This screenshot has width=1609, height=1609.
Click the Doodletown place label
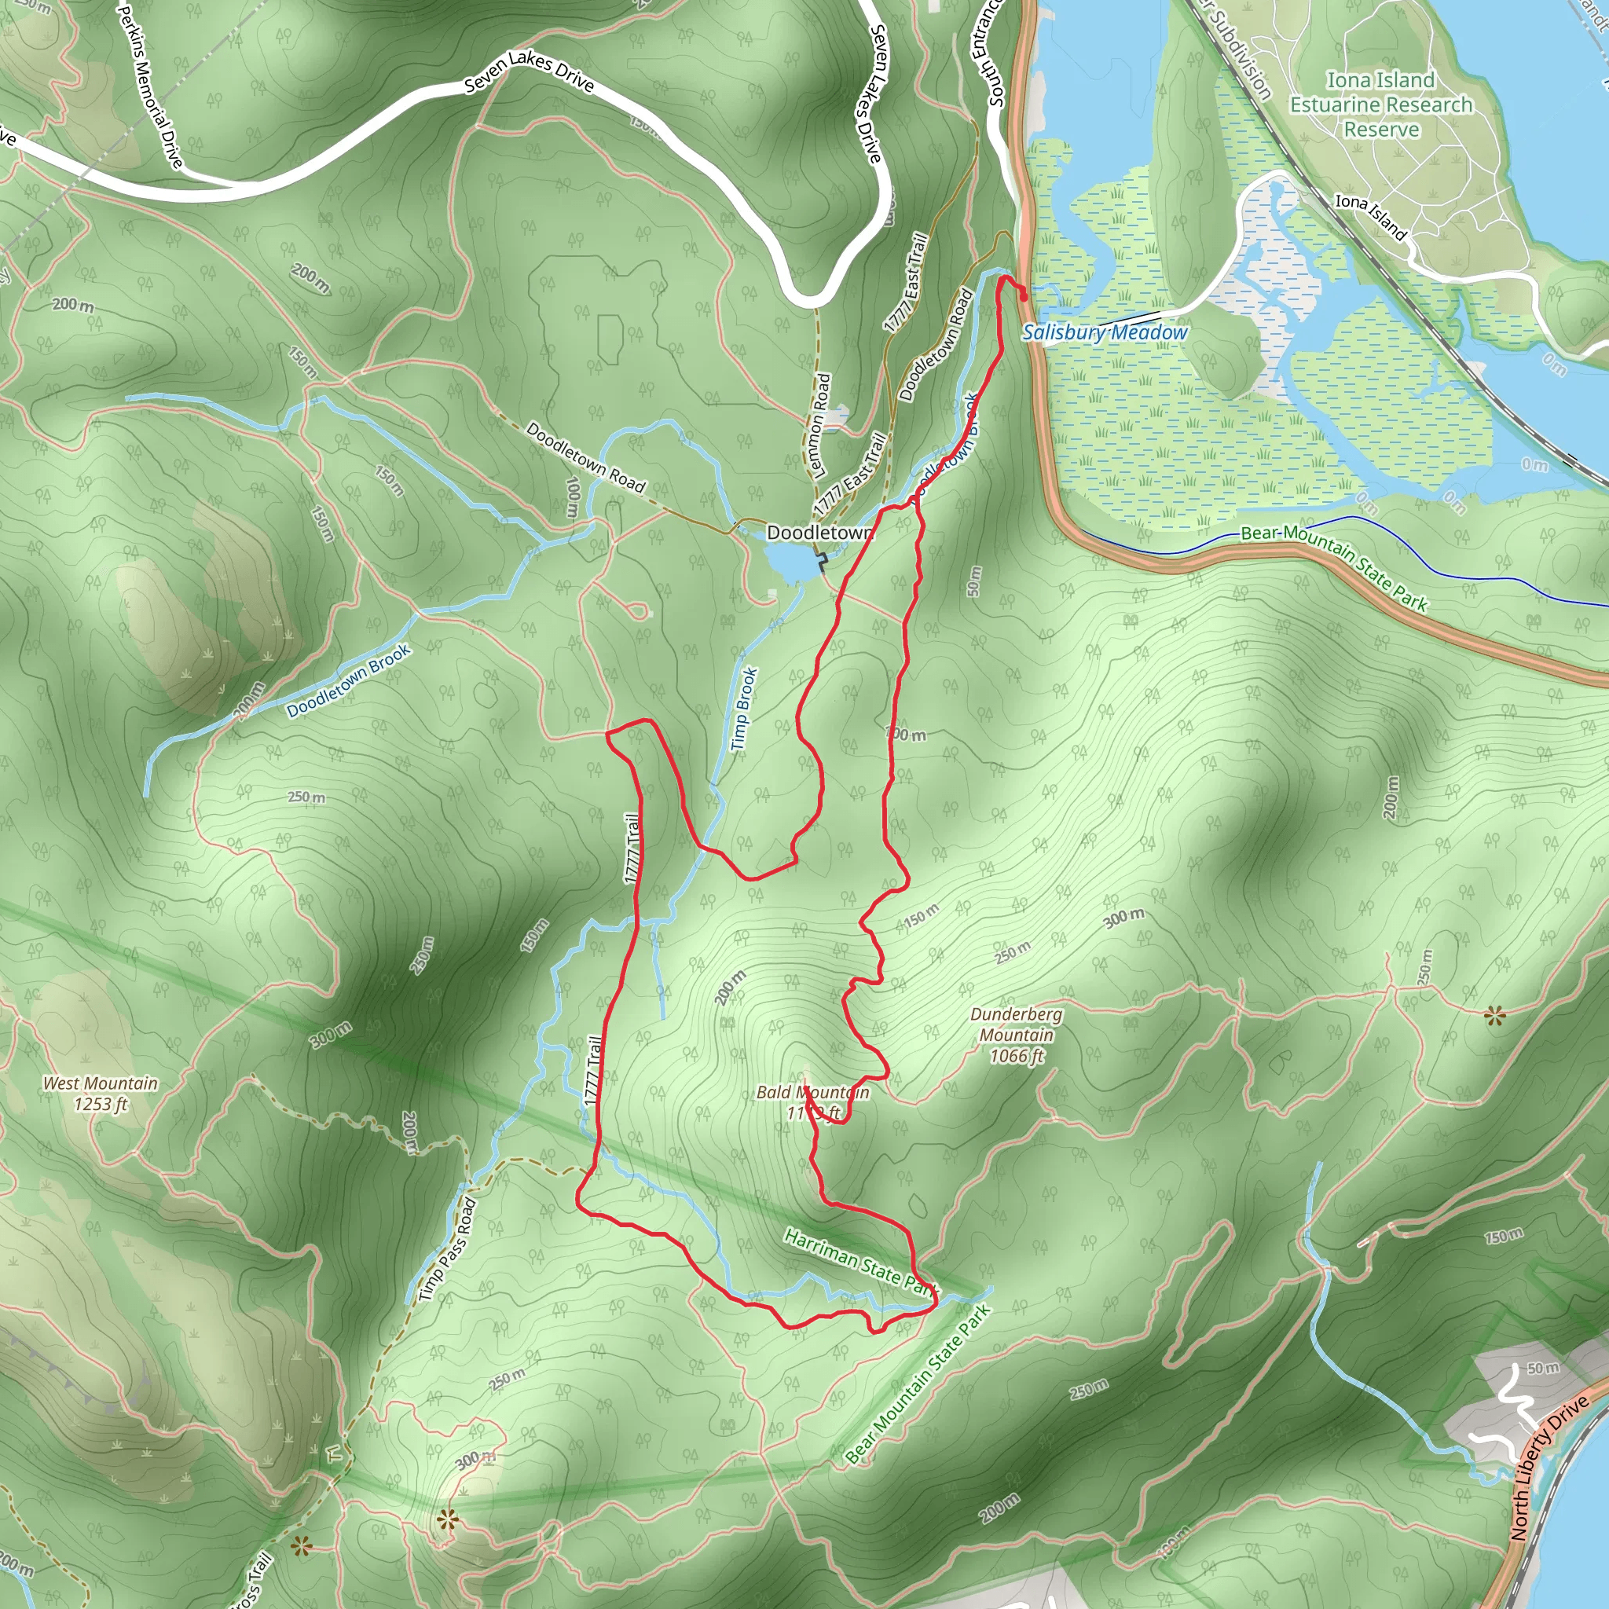click(819, 532)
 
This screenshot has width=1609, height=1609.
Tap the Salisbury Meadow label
click(1105, 332)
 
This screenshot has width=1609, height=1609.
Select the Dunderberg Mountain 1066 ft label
click(1016, 1035)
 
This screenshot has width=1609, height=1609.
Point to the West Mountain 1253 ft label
click(100, 1094)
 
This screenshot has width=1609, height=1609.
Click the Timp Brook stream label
click(743, 709)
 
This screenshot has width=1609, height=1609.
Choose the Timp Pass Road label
click(447, 1249)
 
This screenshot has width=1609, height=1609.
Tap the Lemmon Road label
click(820, 425)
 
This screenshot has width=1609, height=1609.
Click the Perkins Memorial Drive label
click(150, 83)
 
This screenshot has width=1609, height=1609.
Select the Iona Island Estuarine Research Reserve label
click(1381, 105)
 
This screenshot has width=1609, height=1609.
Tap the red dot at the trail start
click(1024, 295)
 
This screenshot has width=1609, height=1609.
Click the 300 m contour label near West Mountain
click(331, 1035)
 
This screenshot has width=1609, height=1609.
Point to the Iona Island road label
click(1371, 217)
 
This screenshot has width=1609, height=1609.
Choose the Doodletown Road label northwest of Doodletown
click(585, 457)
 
